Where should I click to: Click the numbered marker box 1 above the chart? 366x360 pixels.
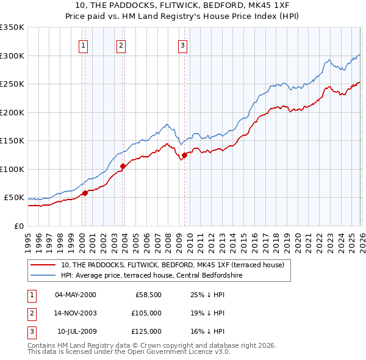pos(83,45)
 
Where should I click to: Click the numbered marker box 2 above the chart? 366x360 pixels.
pos(121,45)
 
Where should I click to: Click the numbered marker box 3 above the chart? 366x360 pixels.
pos(182,45)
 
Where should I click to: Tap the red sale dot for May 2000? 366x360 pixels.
pos(85,193)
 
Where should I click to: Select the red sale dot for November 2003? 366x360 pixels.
pos(123,166)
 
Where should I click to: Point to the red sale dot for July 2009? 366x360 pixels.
pos(184,155)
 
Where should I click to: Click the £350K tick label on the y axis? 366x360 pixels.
pos(12,27)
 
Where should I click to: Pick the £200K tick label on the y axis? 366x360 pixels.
pos(12,112)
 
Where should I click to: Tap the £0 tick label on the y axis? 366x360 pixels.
pos(18,226)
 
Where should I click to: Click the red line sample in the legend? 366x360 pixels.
pos(43,264)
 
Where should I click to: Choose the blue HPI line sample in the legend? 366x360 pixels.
pos(43,275)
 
